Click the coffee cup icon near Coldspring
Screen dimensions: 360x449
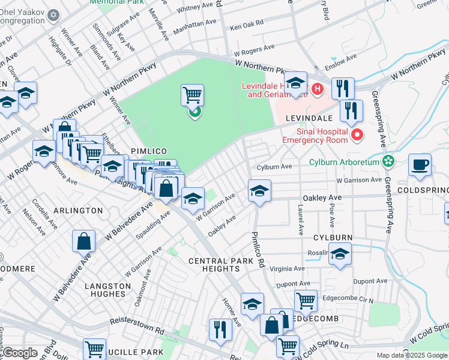coord(420,164)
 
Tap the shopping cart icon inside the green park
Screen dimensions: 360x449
coord(192,94)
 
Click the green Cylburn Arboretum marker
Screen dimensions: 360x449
coord(388,161)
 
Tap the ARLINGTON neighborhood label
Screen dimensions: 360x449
coord(78,211)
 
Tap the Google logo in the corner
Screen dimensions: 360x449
coord(20,353)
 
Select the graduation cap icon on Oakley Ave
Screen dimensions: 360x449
coord(259,191)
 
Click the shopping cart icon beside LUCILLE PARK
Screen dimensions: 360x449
coord(95,348)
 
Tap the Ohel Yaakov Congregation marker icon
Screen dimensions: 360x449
coord(53,14)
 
